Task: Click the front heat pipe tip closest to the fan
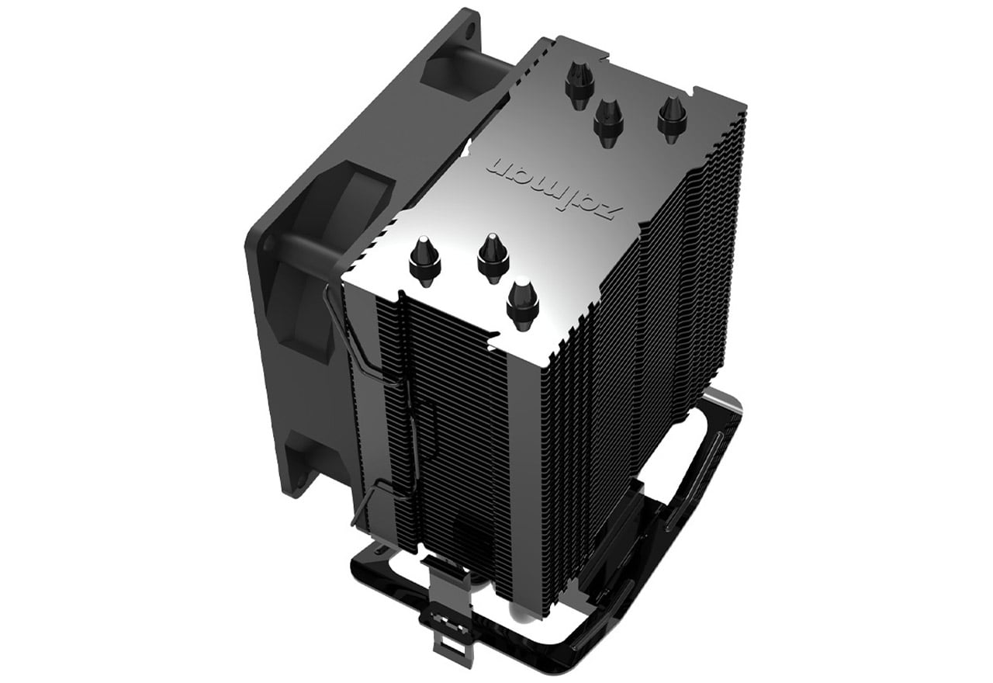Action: (x=424, y=261)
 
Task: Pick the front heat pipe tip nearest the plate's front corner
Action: (x=522, y=303)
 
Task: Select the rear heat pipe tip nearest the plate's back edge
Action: (x=579, y=85)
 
